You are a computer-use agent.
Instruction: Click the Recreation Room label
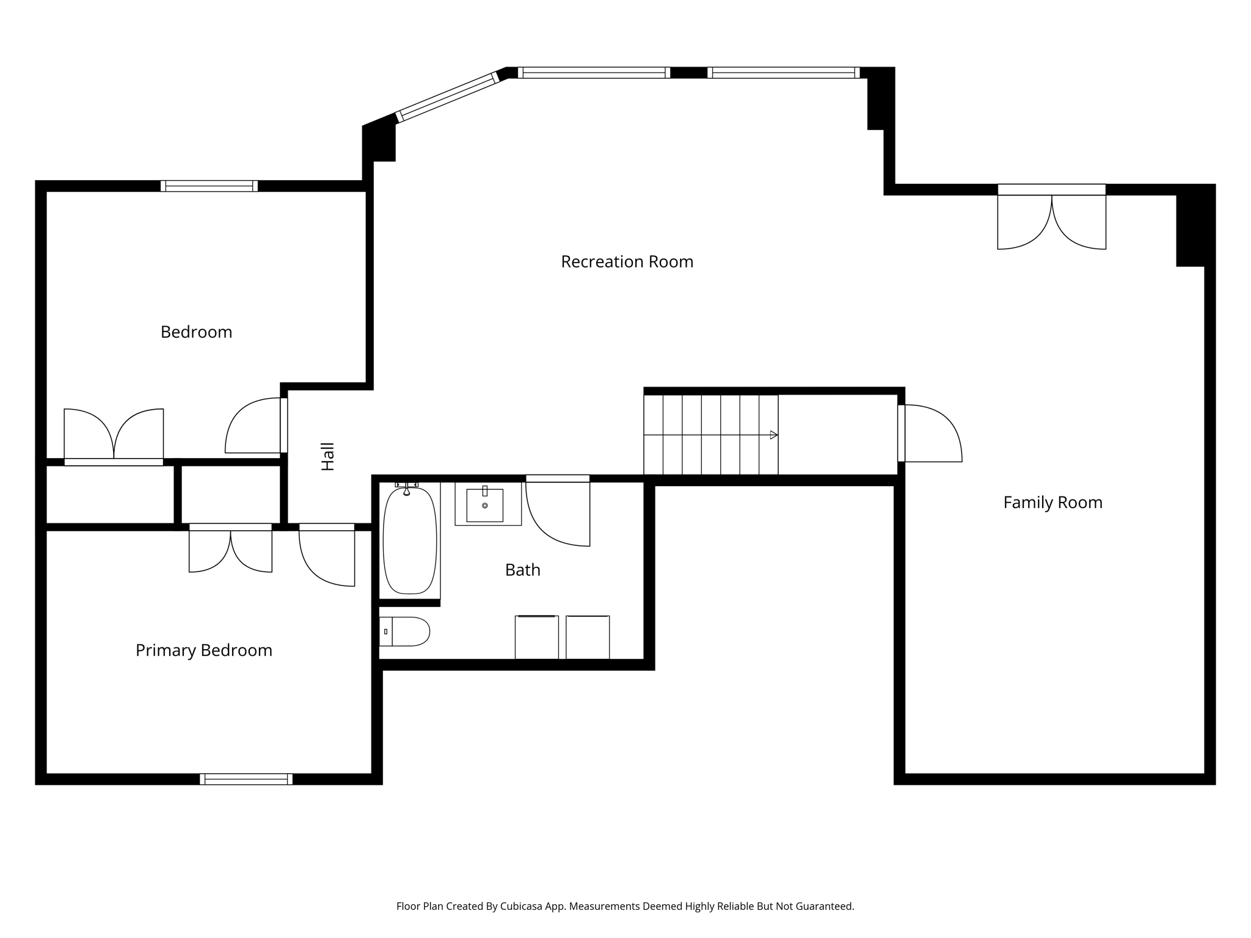627,262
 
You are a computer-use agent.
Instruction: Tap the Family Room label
1052,503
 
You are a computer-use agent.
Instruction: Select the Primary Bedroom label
204,650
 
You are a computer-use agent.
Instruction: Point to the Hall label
328,457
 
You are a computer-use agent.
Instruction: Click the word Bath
523,570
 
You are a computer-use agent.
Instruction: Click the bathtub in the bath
410,540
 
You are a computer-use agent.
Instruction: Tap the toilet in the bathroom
404,631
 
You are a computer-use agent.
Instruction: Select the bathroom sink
485,505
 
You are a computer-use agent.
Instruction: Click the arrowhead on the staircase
774,435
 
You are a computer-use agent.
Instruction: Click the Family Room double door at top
1051,217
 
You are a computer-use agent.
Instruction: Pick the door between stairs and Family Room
930,433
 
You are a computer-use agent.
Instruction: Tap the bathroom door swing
558,511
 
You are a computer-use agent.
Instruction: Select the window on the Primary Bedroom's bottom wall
246,779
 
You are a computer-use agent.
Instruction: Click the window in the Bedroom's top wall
209,186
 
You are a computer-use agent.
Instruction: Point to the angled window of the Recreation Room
448,97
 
